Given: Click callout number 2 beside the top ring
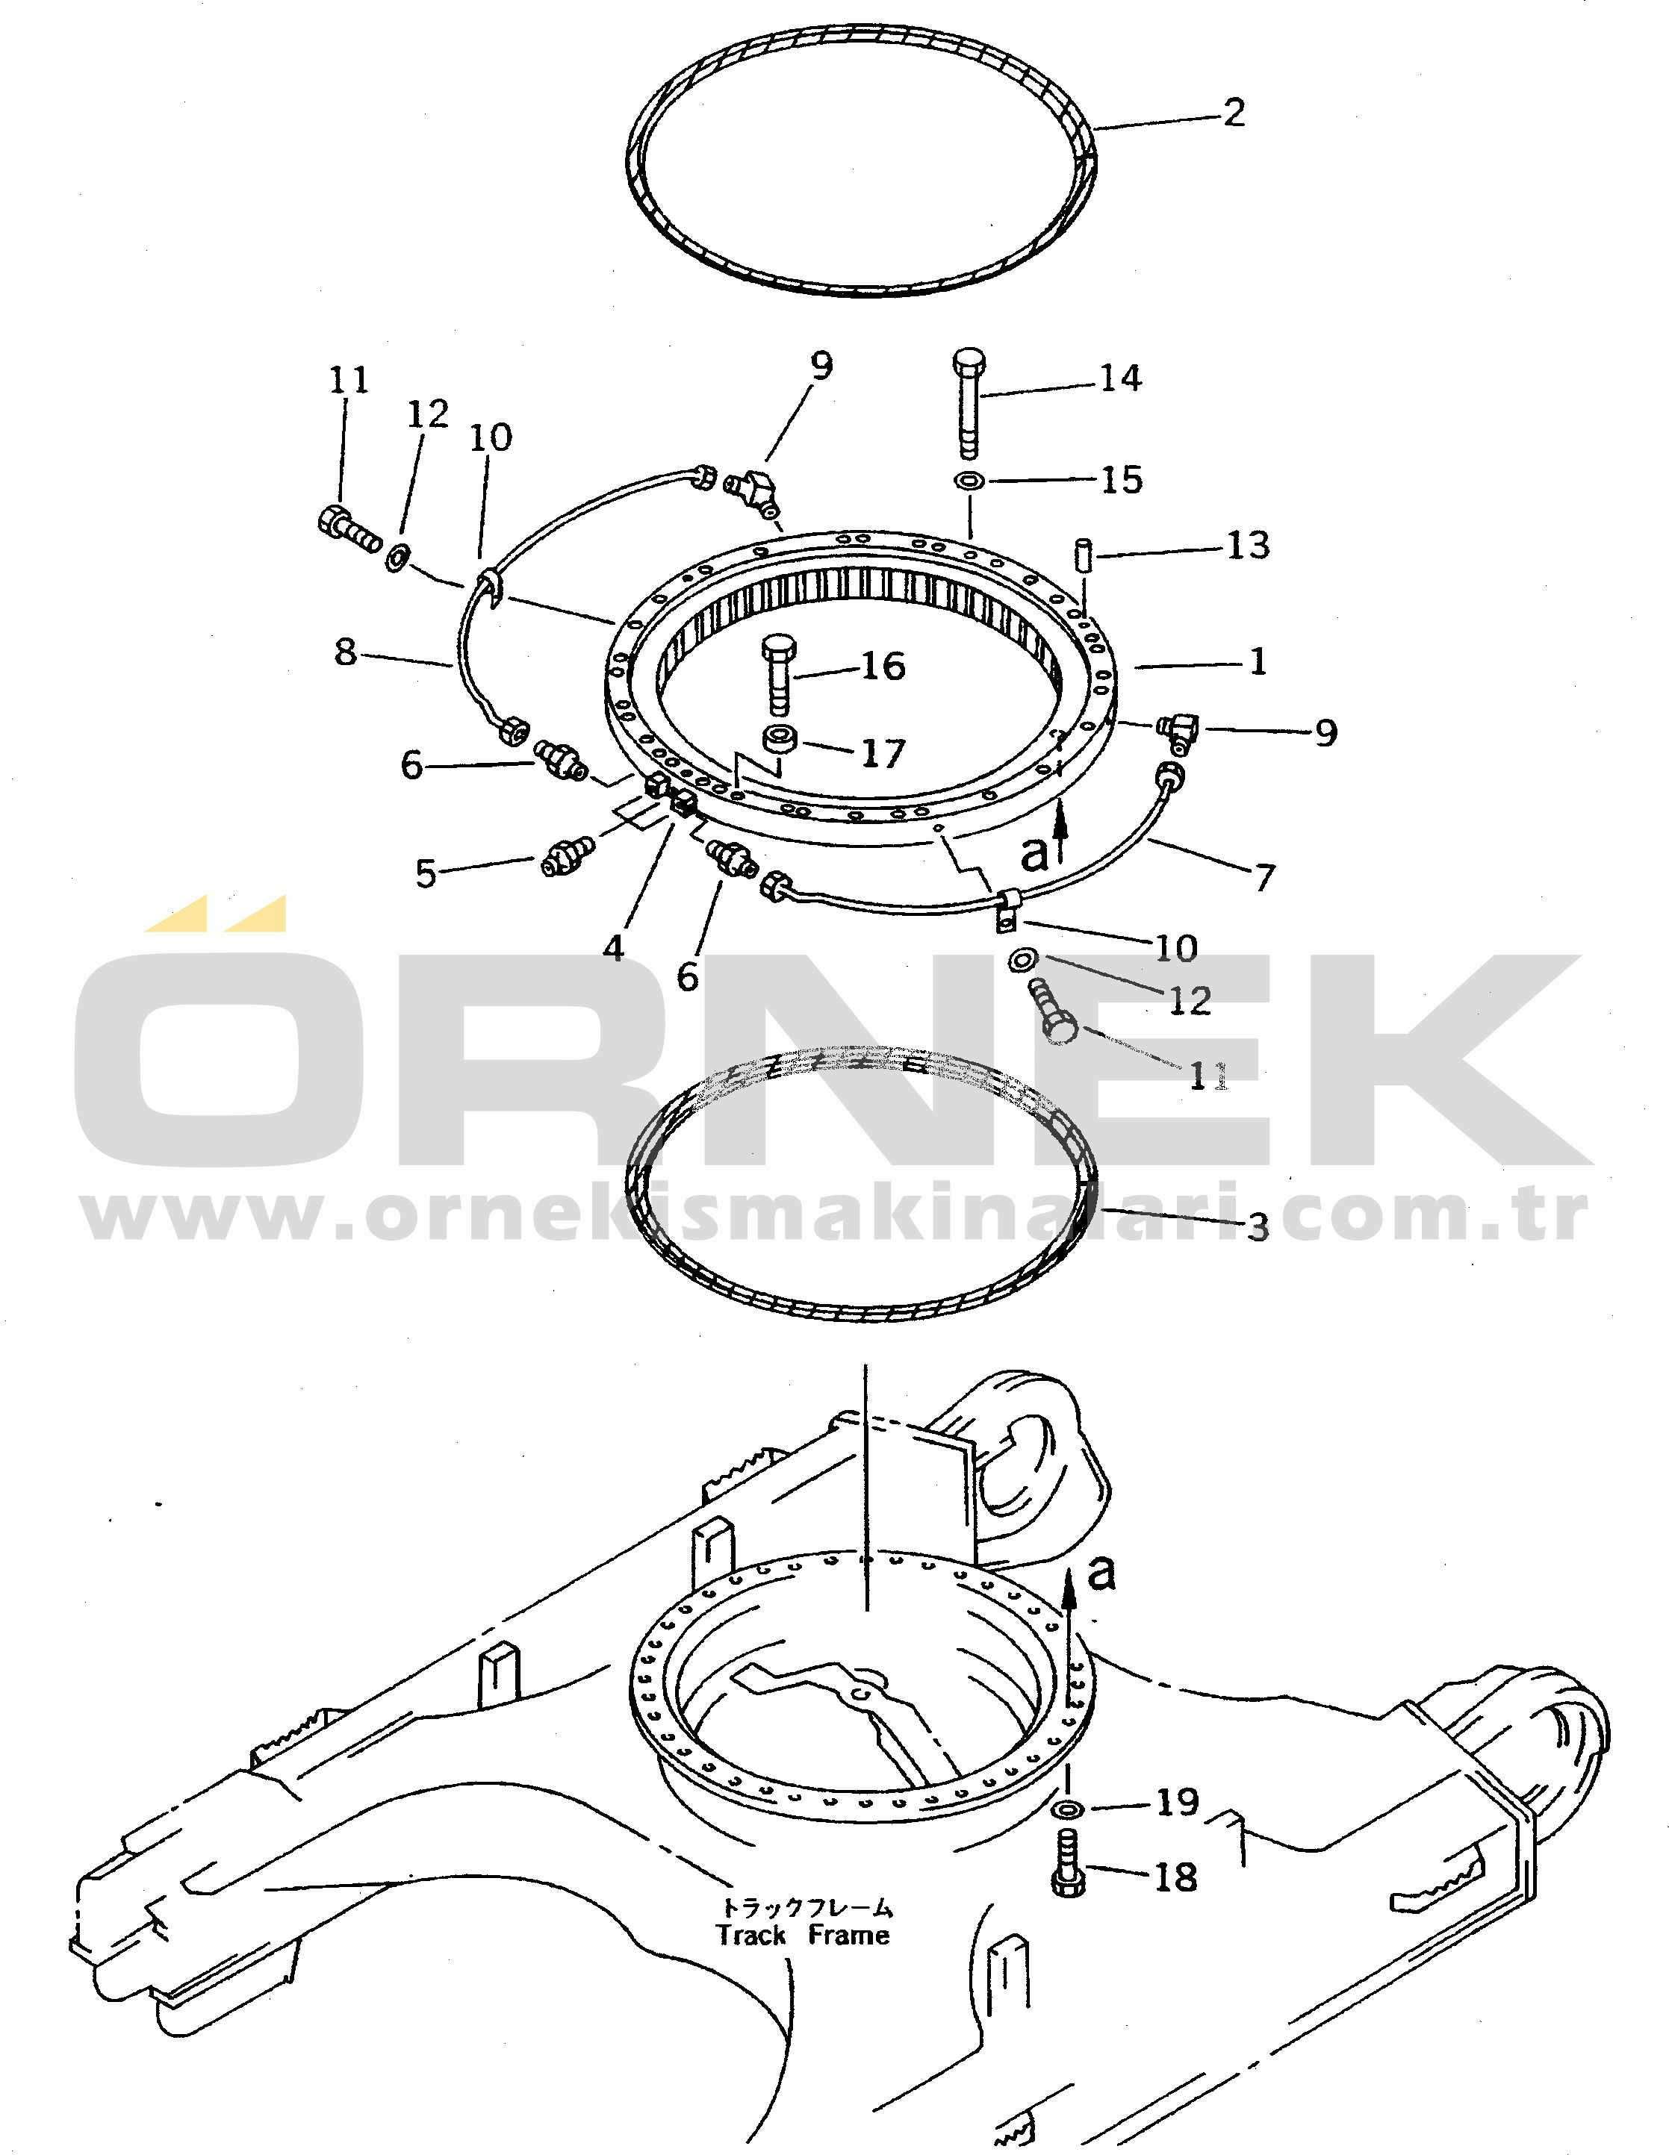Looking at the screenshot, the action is point(1234,113).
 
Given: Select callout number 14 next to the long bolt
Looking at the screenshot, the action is point(1121,378).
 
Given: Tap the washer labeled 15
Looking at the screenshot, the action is point(969,481).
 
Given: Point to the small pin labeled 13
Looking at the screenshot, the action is point(1082,555).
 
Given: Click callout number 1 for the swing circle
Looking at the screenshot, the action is point(1258,661).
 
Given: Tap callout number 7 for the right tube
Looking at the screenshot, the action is point(1264,876).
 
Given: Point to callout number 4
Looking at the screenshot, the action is point(614,948).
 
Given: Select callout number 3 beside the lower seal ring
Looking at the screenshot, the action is point(1258,1226).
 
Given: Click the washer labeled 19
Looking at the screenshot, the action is point(1067,1809).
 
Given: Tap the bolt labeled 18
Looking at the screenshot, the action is point(1068,1863).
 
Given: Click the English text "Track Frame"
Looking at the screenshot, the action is point(803,1935).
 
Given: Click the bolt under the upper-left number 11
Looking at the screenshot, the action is point(349,529).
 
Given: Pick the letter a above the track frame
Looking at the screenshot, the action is point(1101,1572).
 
